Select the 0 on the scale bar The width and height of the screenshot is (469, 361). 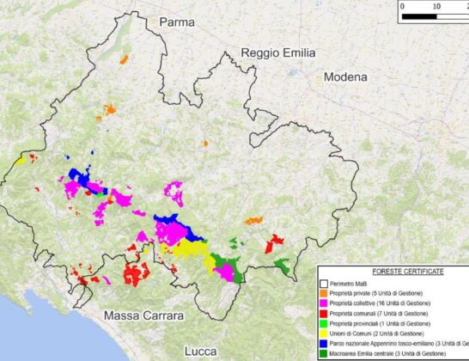click(x=403, y=5)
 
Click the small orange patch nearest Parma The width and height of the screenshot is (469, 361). click(x=124, y=60)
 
